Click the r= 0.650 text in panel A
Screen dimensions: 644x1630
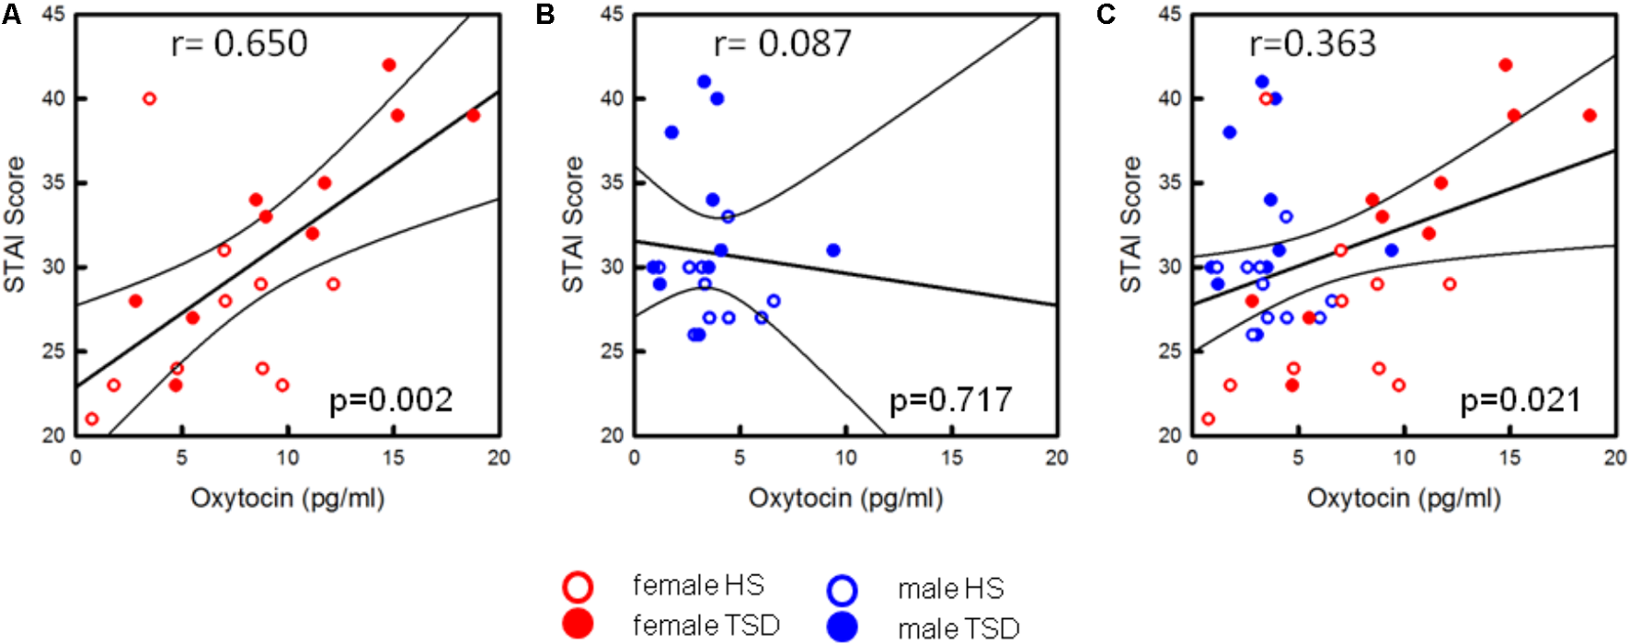coord(239,43)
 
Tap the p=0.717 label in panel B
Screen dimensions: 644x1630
coord(950,400)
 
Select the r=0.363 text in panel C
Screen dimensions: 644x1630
coord(1312,43)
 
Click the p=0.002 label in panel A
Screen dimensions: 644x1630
coord(391,400)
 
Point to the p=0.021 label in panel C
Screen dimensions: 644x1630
coord(1521,400)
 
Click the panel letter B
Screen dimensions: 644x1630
coord(545,16)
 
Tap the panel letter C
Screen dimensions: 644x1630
coord(1105,16)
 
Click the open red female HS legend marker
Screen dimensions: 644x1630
coord(579,587)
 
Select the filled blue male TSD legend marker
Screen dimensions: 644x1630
coord(842,627)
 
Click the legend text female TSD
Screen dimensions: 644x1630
coord(706,626)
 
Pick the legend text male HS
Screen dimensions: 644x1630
coord(950,589)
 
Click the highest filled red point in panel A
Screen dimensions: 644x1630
coord(388,65)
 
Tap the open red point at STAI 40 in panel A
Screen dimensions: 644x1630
coord(149,98)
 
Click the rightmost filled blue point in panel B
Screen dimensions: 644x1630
coord(833,250)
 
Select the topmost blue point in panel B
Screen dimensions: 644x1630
coord(704,82)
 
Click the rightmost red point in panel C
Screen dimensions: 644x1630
coord(1590,115)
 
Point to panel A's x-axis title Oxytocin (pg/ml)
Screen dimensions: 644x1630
coord(287,498)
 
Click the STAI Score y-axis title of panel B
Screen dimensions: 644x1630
coord(573,224)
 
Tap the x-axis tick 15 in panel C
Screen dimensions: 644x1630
coord(1510,457)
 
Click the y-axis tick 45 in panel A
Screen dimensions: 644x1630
coord(52,15)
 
